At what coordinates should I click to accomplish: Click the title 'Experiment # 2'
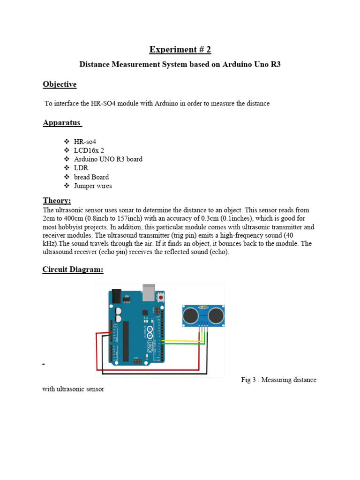pyautogui.click(x=180, y=50)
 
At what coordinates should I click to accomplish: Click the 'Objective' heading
pyautogui.click(x=60, y=84)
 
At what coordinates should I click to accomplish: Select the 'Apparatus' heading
pyautogui.click(x=62, y=123)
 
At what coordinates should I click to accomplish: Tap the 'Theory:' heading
pyautogui.click(x=57, y=201)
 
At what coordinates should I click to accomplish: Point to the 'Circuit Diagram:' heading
pyautogui.click(x=73, y=270)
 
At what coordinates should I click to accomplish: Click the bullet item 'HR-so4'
pyautogui.click(x=85, y=141)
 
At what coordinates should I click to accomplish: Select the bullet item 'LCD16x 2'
pyautogui.click(x=89, y=150)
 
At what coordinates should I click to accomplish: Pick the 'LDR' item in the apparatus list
pyautogui.click(x=81, y=168)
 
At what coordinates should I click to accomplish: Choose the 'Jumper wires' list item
pyautogui.click(x=93, y=186)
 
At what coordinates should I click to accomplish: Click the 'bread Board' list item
pyautogui.click(x=91, y=177)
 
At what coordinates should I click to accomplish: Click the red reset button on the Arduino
pyautogui.click(x=161, y=298)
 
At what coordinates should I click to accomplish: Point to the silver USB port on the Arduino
pyautogui.click(x=150, y=291)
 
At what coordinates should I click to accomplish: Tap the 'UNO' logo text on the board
pyautogui.click(x=150, y=345)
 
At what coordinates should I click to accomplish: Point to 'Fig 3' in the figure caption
pyautogui.click(x=248, y=380)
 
